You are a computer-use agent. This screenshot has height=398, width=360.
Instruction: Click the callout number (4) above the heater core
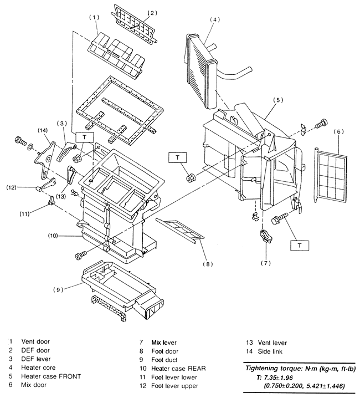[215, 19]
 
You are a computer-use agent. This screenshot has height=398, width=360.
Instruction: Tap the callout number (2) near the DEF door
[152, 13]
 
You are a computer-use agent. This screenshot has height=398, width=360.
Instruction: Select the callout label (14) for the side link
[43, 130]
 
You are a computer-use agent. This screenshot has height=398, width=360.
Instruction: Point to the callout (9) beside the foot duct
[58, 289]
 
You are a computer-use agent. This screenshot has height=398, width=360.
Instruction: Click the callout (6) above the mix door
[339, 131]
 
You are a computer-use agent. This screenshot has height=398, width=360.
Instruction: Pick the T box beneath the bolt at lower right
[300, 246]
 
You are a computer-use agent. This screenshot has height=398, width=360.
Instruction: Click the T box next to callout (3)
[85, 137]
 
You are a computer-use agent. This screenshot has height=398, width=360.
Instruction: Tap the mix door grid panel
[331, 175]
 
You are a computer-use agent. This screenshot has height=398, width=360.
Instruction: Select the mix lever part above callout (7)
[265, 236]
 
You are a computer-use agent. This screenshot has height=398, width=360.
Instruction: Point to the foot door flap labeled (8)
[180, 229]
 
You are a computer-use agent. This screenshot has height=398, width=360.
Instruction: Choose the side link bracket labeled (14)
[45, 160]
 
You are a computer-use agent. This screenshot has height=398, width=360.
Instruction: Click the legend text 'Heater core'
[38, 368]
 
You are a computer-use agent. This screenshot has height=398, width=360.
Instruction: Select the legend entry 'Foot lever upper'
[174, 386]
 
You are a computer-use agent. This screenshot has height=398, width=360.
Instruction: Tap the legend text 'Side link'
[270, 351]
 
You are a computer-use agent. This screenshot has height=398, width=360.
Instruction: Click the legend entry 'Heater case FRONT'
[51, 376]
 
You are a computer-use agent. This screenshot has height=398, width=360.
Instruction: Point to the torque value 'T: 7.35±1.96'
[275, 377]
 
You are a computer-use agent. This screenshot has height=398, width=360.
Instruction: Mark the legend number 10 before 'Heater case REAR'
[143, 368]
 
